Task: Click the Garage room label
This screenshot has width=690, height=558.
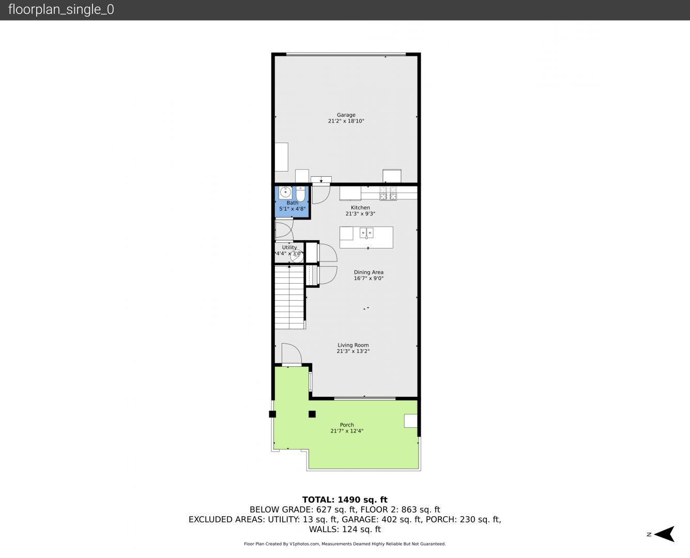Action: tap(346, 115)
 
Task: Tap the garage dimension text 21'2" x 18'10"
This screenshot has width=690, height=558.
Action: tap(346, 121)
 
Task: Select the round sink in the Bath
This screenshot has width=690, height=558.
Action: tap(285, 192)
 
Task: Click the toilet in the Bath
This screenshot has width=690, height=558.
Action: tap(300, 193)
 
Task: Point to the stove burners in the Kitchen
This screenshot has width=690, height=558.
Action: tap(388, 193)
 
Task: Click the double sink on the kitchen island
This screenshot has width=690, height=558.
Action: tap(366, 233)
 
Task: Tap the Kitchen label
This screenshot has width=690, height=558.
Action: tap(360, 208)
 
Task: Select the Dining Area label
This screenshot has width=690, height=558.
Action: tap(369, 272)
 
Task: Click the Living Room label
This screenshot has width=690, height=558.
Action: tap(353, 345)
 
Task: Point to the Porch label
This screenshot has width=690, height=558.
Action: tap(347, 425)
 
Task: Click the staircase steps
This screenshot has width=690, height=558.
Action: tap(289, 297)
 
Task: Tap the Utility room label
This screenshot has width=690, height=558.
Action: tap(289, 247)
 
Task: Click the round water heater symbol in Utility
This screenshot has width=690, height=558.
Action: tap(297, 256)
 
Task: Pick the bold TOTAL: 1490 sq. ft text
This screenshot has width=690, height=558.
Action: tap(345, 500)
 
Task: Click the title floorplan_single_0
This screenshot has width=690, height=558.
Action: tap(61, 9)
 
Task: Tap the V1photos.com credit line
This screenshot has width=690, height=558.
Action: tap(345, 544)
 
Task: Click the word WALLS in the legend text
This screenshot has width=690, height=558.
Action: tap(323, 530)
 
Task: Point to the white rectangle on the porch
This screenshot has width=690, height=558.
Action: tap(411, 421)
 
